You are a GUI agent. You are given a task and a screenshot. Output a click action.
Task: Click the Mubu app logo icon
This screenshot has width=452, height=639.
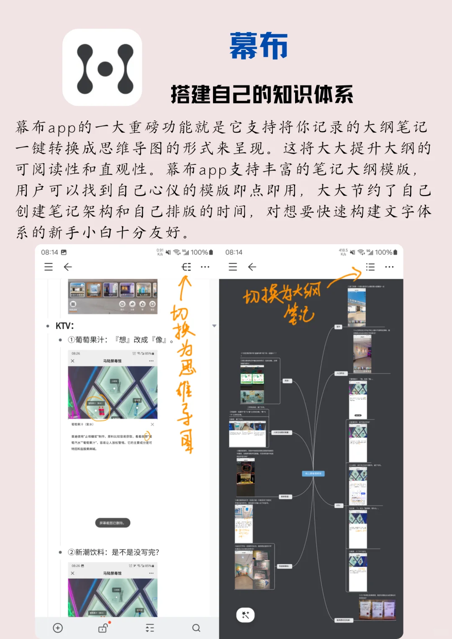tap(102, 68)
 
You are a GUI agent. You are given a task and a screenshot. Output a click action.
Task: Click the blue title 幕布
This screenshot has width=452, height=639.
tap(258, 46)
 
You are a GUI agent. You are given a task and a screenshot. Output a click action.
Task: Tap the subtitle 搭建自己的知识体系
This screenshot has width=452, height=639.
tap(262, 94)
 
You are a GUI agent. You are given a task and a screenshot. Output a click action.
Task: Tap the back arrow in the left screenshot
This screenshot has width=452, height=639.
tap(68, 267)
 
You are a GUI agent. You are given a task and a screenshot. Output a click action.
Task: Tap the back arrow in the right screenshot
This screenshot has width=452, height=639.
tap(252, 267)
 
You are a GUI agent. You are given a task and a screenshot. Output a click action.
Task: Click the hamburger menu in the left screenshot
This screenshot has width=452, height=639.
tap(49, 267)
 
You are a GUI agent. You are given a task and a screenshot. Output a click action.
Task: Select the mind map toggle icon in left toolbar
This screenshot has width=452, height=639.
tap(186, 267)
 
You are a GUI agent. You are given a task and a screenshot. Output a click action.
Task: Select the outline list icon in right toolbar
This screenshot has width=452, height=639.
tap(370, 267)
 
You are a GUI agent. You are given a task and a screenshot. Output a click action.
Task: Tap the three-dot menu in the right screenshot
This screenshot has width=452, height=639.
tap(389, 267)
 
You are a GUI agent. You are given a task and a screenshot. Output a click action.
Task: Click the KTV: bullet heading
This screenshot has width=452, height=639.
tap(64, 326)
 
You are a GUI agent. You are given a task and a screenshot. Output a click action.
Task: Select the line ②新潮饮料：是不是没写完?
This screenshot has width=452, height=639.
tap(113, 552)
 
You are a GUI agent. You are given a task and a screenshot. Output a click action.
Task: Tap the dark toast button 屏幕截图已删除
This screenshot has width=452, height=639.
tap(113, 523)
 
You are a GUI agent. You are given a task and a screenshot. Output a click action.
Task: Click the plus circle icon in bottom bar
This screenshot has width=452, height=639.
tap(58, 628)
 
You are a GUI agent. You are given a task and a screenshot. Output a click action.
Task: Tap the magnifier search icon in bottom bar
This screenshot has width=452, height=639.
tap(196, 628)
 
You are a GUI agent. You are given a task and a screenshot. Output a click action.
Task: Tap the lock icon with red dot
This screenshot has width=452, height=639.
tap(103, 628)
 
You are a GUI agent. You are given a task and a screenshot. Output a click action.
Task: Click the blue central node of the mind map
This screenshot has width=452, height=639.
tap(313, 473)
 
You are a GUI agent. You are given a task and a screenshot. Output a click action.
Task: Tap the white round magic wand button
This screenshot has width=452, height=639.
tap(245, 615)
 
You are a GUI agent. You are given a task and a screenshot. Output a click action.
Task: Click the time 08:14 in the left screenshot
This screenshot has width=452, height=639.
tap(49, 252)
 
